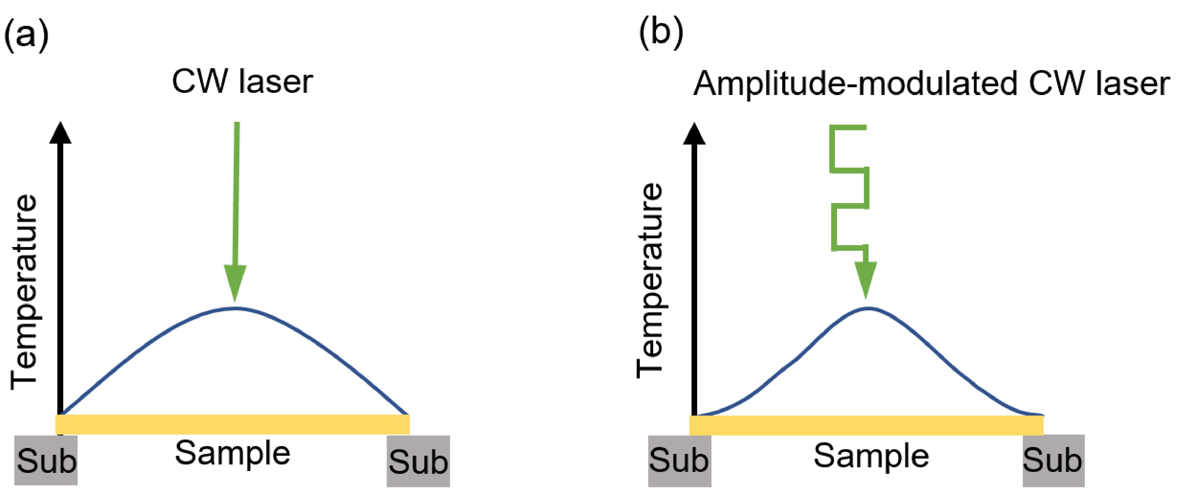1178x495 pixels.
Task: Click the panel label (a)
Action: (x=26, y=35)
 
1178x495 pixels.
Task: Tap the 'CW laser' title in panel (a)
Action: (x=242, y=82)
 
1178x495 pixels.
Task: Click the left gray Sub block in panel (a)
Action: (x=46, y=460)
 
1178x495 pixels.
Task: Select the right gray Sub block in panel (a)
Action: (x=418, y=461)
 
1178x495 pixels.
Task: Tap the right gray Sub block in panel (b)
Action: (x=1053, y=460)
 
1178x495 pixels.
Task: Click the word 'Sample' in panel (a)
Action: (x=232, y=453)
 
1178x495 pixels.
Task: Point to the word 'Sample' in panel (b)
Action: (x=871, y=456)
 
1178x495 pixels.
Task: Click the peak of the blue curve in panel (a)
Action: (x=234, y=308)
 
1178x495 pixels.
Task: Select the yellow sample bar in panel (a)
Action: (x=232, y=425)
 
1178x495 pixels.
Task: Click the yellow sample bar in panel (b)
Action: (x=866, y=426)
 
